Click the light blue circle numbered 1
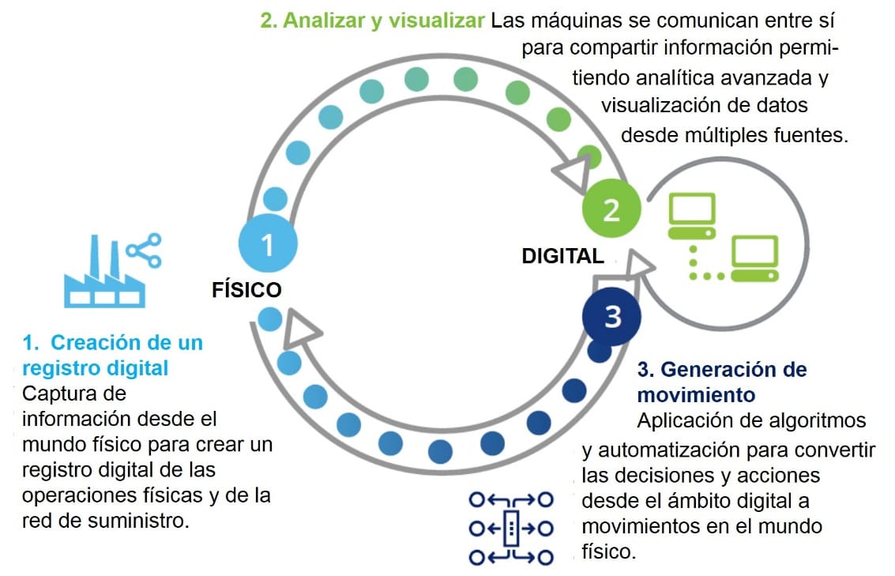coord(268,243)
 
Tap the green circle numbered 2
coord(611,209)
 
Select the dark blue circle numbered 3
coord(612,317)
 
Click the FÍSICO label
coord(246,290)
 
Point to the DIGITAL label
coord(562,256)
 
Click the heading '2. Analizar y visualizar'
coord(372,21)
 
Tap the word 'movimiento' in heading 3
coord(696,393)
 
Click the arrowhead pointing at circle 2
coord(574,170)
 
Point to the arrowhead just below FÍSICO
coord(299,328)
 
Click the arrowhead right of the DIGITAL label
coord(637,265)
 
